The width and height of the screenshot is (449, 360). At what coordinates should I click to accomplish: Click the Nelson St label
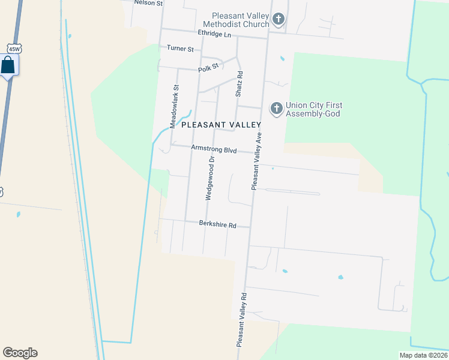click(x=148, y=3)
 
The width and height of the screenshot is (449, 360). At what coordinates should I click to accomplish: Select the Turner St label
click(x=180, y=49)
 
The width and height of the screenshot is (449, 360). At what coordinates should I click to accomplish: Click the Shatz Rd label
click(x=239, y=85)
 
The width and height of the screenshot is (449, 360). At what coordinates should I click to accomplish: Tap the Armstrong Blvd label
click(x=214, y=149)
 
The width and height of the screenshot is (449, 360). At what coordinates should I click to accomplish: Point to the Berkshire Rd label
click(x=217, y=224)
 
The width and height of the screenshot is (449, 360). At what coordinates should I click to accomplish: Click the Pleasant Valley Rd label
click(x=241, y=320)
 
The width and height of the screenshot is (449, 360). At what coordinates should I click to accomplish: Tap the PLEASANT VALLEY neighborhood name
click(x=221, y=125)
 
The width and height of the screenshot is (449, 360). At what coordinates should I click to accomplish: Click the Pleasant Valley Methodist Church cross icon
click(x=278, y=19)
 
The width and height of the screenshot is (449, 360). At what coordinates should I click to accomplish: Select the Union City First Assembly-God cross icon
click(x=276, y=109)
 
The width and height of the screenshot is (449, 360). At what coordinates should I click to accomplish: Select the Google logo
click(x=20, y=353)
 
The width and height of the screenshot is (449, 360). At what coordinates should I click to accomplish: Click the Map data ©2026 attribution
click(x=423, y=355)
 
